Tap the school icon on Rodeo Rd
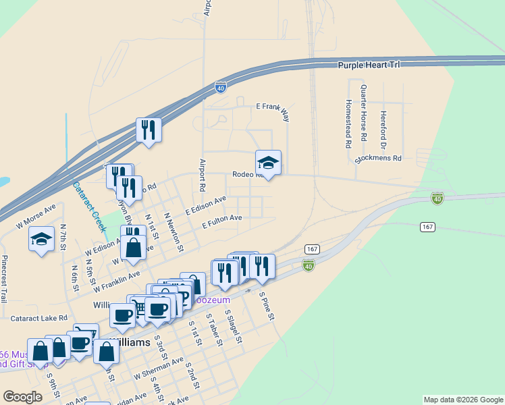click(268, 162)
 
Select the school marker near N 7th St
click(42, 238)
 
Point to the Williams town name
click(130, 342)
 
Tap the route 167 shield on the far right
click(427, 227)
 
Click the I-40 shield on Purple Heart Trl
click(220, 88)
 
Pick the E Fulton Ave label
click(221, 221)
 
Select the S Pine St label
click(267, 306)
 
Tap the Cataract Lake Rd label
click(39, 317)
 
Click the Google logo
click(23, 396)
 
